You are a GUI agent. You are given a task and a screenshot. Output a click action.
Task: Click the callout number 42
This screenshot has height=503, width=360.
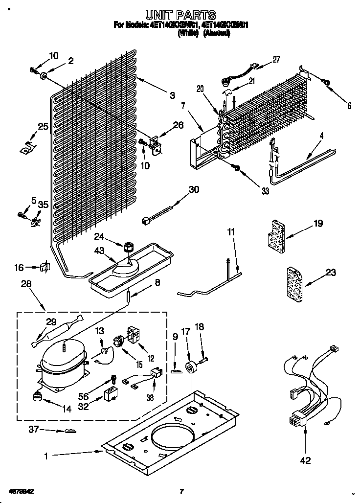pos(306,460)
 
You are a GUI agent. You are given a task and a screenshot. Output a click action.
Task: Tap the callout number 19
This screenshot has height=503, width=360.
pos(318,224)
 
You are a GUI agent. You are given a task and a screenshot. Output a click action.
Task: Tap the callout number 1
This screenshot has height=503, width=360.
pos(45,456)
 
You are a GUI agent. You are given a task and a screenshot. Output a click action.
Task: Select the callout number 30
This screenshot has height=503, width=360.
pos(194,189)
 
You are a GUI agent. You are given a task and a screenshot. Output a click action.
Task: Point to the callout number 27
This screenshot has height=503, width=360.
pos(276,60)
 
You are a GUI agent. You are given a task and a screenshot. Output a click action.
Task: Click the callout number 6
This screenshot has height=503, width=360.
pos(349,105)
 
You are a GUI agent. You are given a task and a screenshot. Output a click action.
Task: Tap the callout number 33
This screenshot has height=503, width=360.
pos(265,191)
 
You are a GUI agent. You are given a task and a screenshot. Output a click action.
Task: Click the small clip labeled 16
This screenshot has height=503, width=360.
pos(45,267)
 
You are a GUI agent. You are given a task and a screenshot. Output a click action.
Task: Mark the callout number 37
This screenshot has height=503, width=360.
pos(33,430)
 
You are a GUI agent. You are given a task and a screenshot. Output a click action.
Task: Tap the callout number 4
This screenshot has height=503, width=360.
pos(321,136)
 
